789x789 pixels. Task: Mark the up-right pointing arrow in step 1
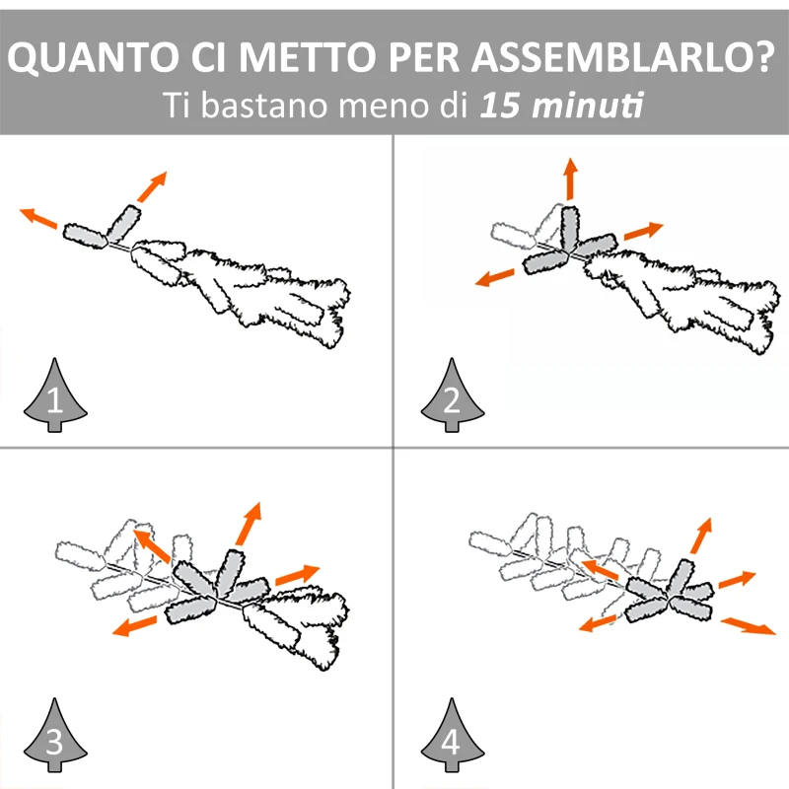pyautogui.click(x=153, y=184)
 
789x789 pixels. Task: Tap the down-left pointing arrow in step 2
pyautogui.click(x=495, y=276)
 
